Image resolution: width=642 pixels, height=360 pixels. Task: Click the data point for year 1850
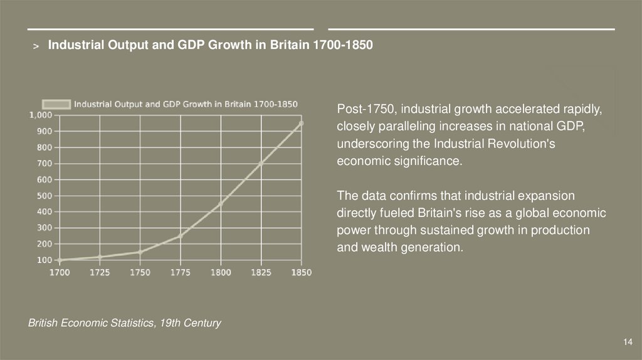coord(301,124)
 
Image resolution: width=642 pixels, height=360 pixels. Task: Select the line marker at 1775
coord(180,236)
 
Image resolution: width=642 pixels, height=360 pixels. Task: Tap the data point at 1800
coord(221,204)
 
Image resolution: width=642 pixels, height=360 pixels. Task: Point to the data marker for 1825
coord(261,163)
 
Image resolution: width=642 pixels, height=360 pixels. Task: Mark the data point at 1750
coord(140,252)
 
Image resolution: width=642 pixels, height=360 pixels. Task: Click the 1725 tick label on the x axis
coord(100,273)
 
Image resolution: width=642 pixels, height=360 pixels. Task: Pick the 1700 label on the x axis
coord(60,273)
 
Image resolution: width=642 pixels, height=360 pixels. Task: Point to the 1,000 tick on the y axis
coord(40,115)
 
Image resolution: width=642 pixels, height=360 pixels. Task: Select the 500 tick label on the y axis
coord(44,196)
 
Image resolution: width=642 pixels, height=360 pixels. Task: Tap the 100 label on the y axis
coord(44,260)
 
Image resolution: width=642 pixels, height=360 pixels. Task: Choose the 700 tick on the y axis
coord(44,164)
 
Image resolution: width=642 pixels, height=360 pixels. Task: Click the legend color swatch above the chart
coord(56,104)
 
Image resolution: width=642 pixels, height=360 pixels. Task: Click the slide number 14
coord(628,342)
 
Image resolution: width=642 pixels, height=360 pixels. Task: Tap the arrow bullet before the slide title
coord(36,46)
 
